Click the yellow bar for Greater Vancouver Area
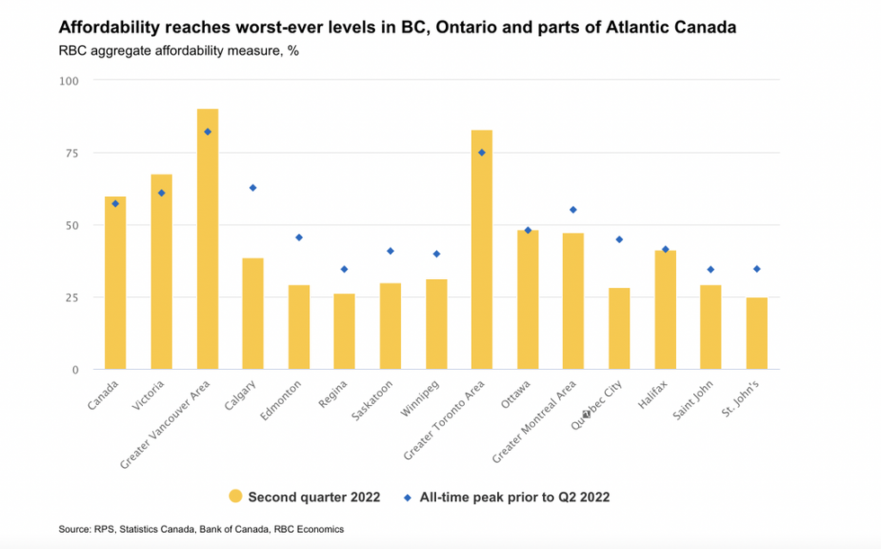tap(208, 239)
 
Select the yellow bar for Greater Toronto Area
tap(482, 250)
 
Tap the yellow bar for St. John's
tap(757, 333)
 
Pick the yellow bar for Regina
tap(344, 331)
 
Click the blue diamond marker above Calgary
tap(253, 187)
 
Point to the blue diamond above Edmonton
tap(299, 238)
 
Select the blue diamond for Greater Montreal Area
tap(574, 210)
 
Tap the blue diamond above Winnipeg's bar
tap(436, 254)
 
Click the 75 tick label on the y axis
tap(70, 153)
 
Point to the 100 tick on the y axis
tap(68, 81)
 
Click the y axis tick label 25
tap(70, 297)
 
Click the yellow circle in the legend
tap(236, 496)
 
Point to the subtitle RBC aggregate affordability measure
tap(177, 50)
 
